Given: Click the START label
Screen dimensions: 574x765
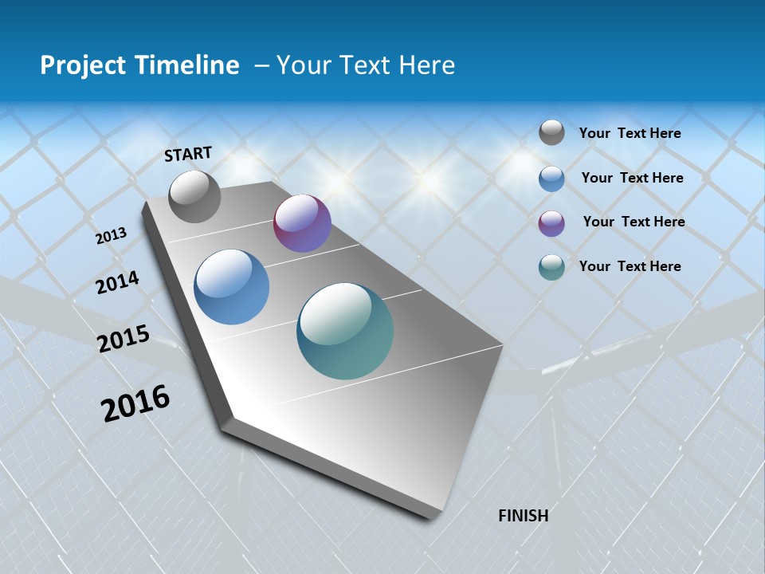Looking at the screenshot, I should [x=188, y=154].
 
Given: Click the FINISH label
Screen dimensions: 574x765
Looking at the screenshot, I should [x=523, y=516].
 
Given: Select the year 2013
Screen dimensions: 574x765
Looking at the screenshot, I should [x=112, y=236].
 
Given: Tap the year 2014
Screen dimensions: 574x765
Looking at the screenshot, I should [x=118, y=282].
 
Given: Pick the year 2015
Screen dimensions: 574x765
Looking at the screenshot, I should [x=124, y=339].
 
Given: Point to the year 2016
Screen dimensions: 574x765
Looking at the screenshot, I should [x=135, y=403].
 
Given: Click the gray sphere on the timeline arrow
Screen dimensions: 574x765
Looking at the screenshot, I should [x=194, y=196].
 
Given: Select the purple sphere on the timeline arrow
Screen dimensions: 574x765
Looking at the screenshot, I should [x=302, y=223].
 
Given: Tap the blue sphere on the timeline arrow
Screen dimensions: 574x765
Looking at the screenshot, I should [x=232, y=287].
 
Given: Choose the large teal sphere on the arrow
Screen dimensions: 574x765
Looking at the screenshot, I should [x=345, y=331].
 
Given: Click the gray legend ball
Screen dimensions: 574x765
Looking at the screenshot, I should [x=551, y=132].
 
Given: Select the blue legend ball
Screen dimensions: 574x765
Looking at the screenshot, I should [x=551, y=179].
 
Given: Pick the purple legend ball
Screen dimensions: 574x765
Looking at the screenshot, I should [x=551, y=223].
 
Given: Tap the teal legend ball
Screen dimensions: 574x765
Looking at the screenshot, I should [x=551, y=267].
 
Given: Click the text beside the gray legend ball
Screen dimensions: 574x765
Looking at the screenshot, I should [x=630, y=133].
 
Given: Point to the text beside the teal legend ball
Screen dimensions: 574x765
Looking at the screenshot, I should [x=630, y=266].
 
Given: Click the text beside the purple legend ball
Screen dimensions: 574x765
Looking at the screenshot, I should [x=634, y=222].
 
